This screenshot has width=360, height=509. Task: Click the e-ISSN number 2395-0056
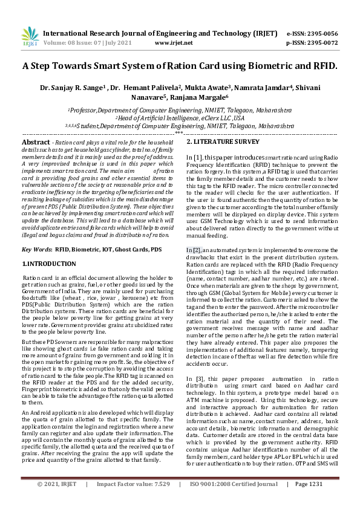coord(321,34)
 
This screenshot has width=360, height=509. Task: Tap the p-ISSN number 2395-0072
coord(321,44)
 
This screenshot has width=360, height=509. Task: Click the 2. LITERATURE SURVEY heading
coord(222,141)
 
